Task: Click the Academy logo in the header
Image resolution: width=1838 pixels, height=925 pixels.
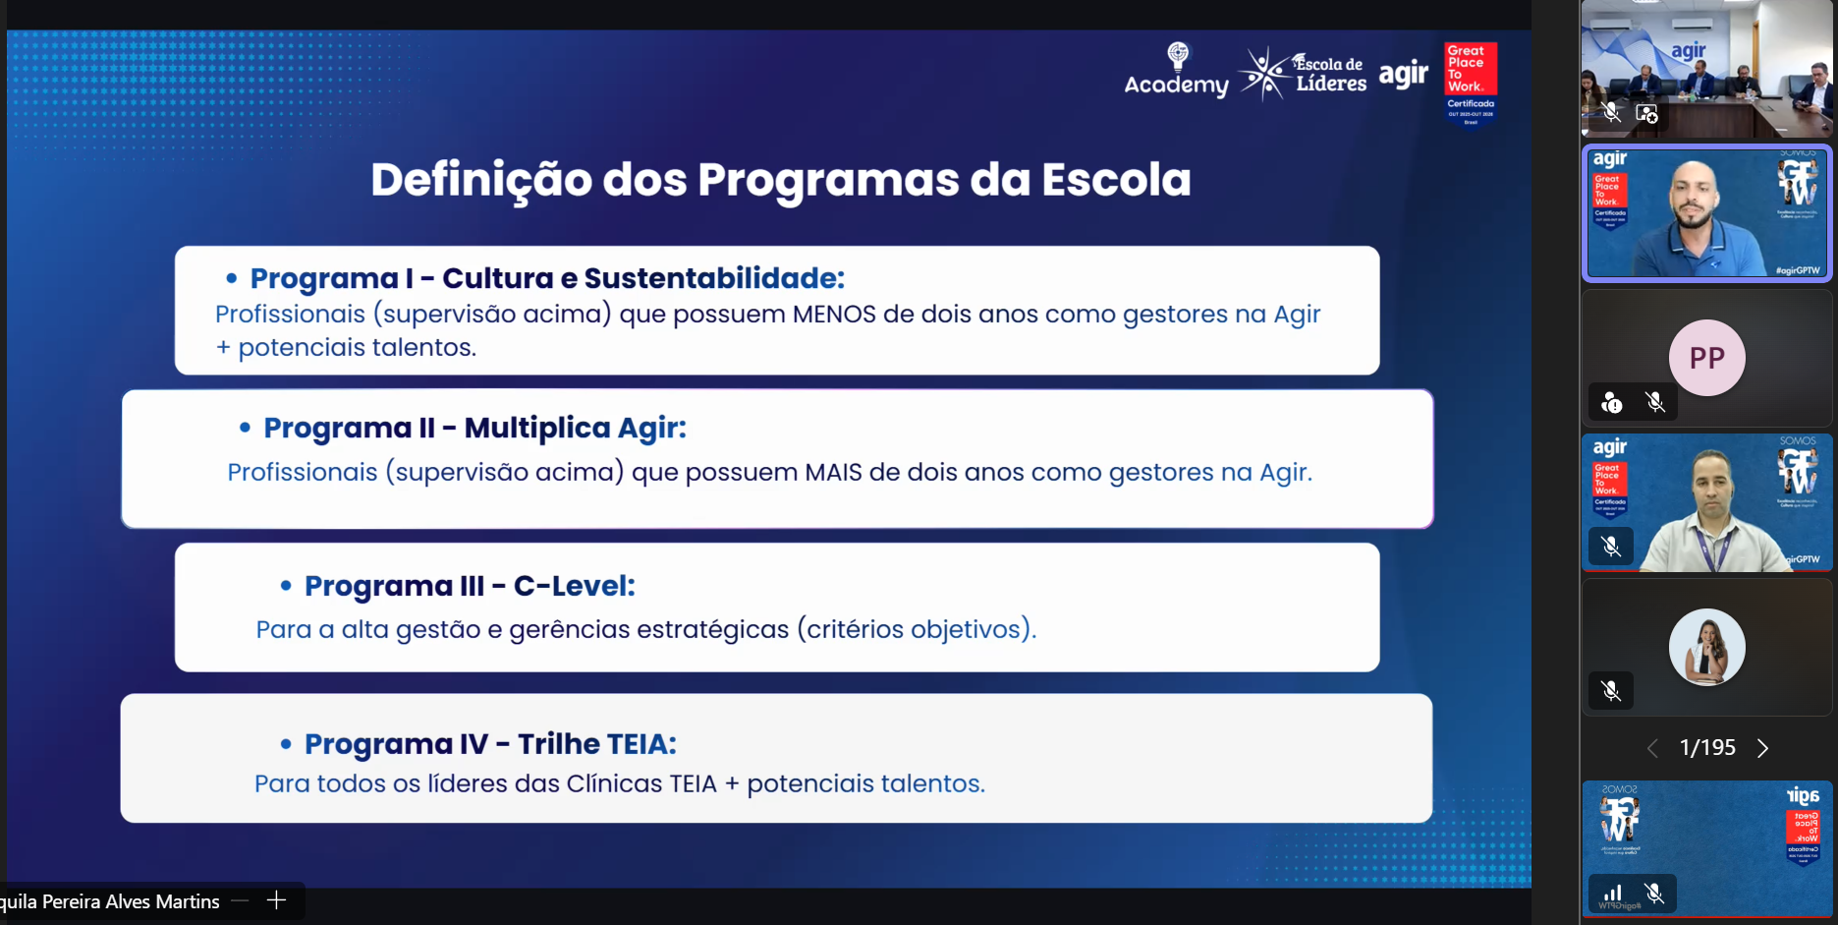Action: (x=1176, y=71)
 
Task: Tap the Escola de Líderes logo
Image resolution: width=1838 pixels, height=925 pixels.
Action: (x=1303, y=74)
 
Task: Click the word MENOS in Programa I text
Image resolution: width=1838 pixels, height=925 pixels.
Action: (x=833, y=315)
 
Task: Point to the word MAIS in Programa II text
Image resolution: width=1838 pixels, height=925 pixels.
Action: (x=833, y=473)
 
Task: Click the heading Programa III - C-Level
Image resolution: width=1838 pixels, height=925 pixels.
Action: (x=470, y=586)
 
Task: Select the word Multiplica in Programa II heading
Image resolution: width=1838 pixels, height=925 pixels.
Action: (x=537, y=429)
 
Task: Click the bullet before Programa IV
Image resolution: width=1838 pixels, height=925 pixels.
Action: (x=286, y=745)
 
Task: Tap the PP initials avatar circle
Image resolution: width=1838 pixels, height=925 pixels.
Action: (x=1706, y=358)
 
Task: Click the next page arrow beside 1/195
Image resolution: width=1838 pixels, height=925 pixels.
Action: (x=1762, y=748)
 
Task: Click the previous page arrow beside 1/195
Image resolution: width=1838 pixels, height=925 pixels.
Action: (x=1652, y=748)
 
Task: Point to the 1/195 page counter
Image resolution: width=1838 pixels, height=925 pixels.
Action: (x=1707, y=748)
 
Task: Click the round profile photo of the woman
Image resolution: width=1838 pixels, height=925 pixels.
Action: (x=1706, y=647)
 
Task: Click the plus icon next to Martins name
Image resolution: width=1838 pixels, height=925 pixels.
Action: (x=276, y=900)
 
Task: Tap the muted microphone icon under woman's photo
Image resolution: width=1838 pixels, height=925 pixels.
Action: (x=1611, y=691)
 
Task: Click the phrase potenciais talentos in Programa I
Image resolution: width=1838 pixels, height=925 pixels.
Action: (x=357, y=348)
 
